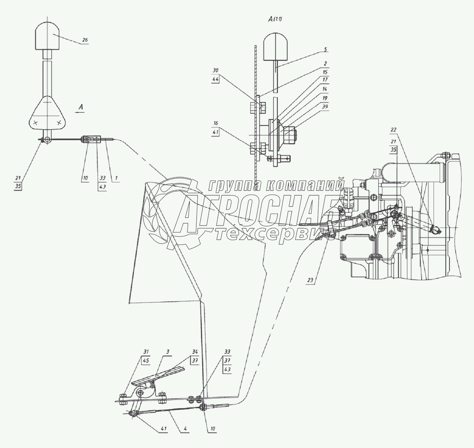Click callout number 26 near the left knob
coord(85,40)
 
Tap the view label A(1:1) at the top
coord(275,19)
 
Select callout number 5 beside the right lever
coord(326,49)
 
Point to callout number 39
coord(325,107)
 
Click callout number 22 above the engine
coord(393,130)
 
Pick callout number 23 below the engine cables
coord(310,280)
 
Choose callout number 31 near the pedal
coord(146,358)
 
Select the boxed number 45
coord(146,367)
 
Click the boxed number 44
coord(215,79)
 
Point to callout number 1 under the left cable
coord(116,178)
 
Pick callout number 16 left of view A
coord(215,123)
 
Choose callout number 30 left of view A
coord(215,70)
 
